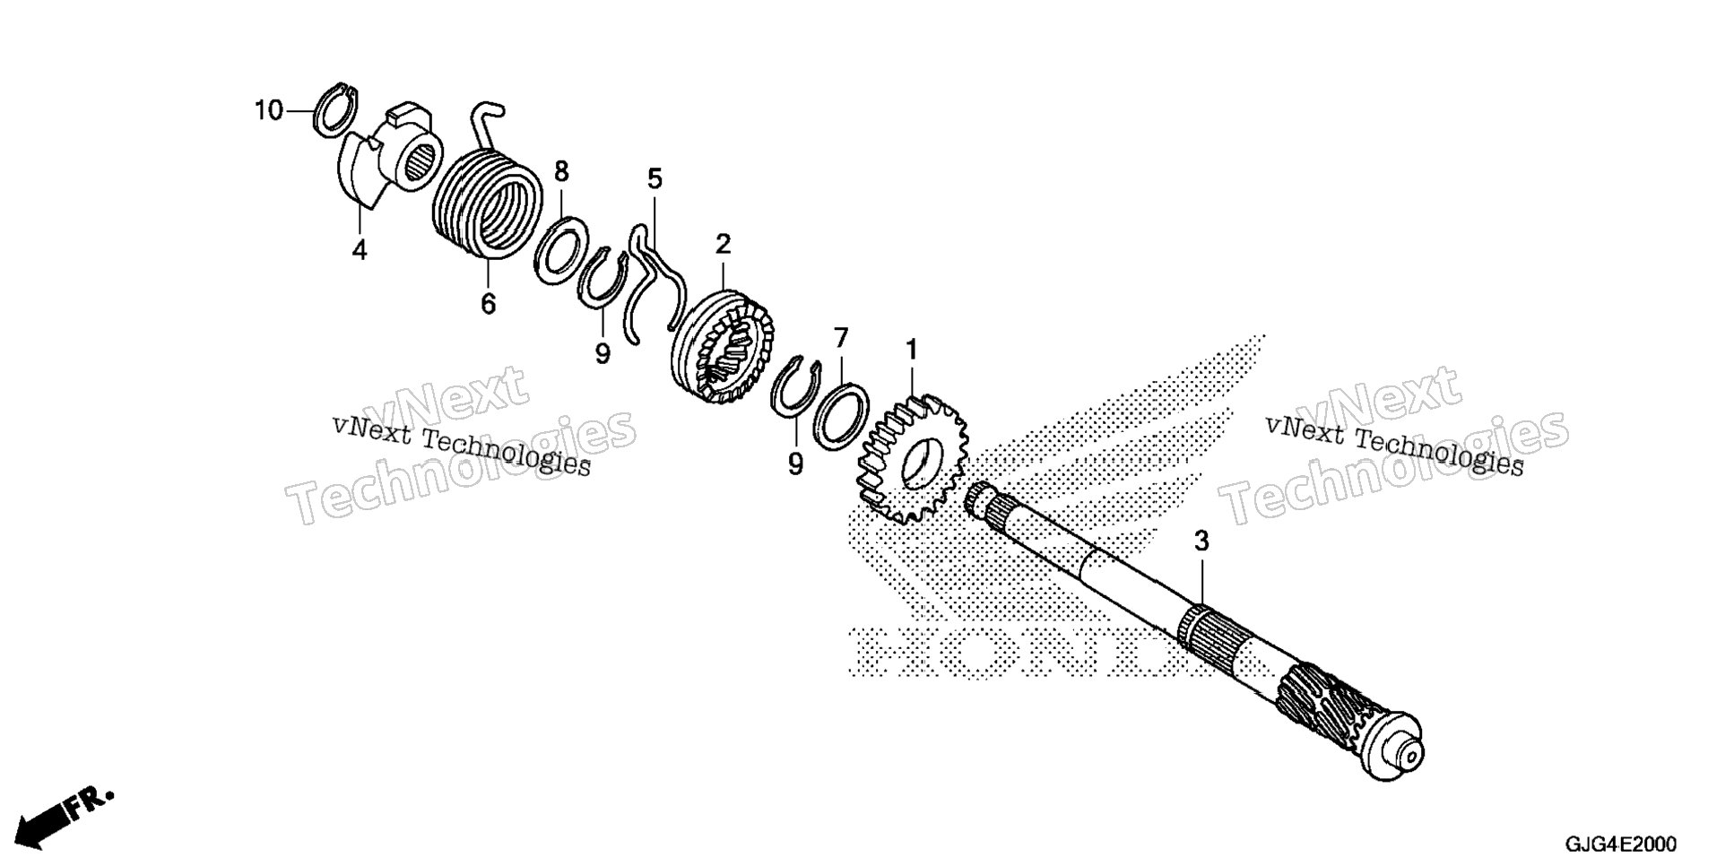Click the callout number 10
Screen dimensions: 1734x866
(269, 111)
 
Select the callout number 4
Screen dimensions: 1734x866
(360, 250)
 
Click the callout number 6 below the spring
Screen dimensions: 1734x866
(488, 305)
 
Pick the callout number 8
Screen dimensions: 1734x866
(561, 171)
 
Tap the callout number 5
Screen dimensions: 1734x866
(655, 179)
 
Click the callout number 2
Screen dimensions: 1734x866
(723, 245)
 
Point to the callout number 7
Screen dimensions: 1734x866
(841, 339)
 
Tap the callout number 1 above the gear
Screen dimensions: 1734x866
(912, 351)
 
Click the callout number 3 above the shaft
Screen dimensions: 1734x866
(1201, 541)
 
